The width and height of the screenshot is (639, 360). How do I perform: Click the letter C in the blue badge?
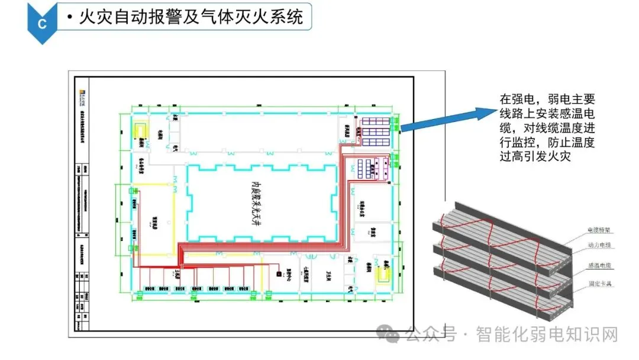point(41,23)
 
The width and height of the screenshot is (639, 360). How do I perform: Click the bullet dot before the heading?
point(70,18)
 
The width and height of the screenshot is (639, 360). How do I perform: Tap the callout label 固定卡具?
point(598,284)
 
